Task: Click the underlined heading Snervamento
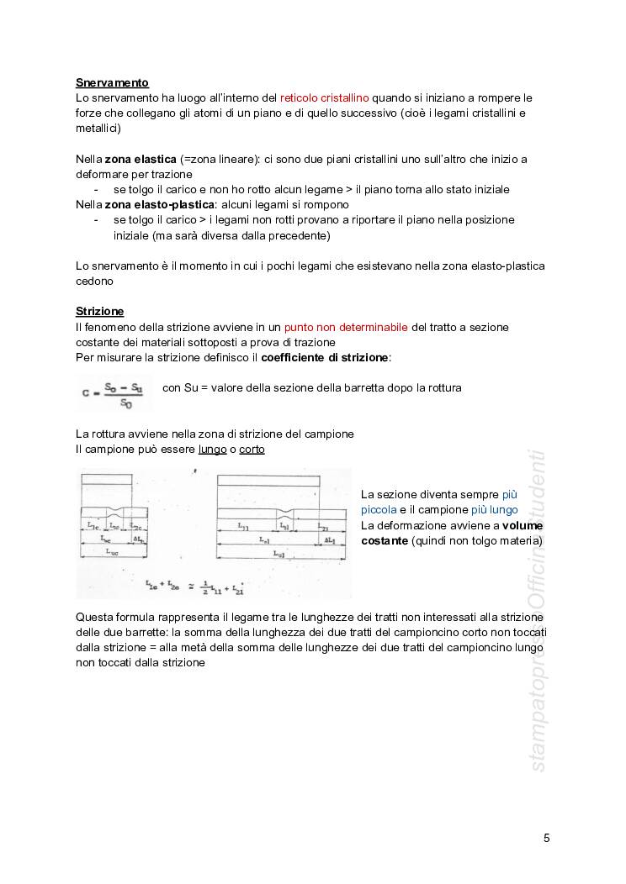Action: point(112,82)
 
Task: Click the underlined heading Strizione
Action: point(99,311)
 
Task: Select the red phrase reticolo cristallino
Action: point(325,98)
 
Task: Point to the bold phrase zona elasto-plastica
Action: point(160,204)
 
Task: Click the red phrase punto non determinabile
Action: point(346,327)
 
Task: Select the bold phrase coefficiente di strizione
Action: point(326,357)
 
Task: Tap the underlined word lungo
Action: point(212,450)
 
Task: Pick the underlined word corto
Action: point(252,450)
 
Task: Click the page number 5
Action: point(547,838)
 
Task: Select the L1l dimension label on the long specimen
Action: point(242,528)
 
